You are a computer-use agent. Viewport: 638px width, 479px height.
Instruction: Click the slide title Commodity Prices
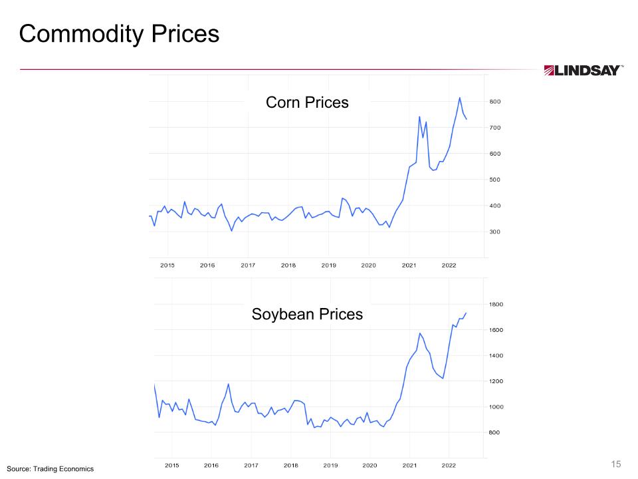tap(119, 34)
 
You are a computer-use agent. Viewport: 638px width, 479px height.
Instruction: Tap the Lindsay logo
tap(584, 71)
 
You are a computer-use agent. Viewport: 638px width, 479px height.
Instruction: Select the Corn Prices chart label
tap(307, 102)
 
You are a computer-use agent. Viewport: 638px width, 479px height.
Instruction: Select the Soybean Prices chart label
tap(307, 314)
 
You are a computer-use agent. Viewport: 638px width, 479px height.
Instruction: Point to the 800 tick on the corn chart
tap(496, 102)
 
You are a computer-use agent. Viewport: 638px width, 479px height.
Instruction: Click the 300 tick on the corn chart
tap(496, 232)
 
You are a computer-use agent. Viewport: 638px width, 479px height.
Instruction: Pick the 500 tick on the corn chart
tap(496, 180)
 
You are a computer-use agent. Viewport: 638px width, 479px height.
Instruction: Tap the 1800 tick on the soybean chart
tap(497, 305)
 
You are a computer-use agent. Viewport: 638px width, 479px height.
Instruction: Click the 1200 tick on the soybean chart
tap(497, 381)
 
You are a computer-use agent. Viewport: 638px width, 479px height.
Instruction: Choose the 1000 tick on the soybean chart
tap(497, 407)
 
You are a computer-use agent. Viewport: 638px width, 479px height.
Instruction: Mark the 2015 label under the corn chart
tap(167, 265)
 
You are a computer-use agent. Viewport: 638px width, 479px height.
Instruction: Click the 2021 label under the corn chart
tap(409, 265)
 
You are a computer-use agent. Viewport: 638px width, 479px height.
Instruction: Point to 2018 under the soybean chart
tap(290, 465)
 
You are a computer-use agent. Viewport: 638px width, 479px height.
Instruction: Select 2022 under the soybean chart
tap(449, 465)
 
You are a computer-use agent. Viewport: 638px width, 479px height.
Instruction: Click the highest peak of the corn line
tap(460, 98)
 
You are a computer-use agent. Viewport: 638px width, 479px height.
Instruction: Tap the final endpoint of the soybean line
tap(466, 313)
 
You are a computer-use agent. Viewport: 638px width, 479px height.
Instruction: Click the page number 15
tap(615, 464)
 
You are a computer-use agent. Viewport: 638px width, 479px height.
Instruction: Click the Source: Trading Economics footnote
tap(51, 469)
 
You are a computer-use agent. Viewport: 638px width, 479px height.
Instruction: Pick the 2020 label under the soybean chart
tap(370, 465)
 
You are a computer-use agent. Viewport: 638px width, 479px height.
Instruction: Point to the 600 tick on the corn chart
tap(496, 154)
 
